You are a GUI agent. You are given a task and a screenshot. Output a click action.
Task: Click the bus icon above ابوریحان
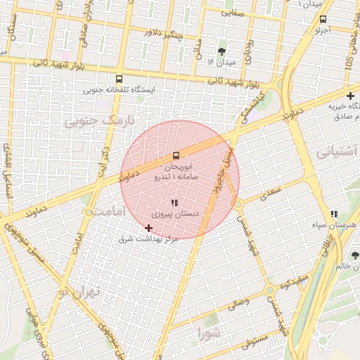[176, 155]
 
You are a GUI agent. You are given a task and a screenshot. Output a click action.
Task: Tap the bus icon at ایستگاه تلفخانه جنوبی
[119, 79]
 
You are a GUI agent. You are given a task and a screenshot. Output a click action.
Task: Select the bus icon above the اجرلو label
[323, 20]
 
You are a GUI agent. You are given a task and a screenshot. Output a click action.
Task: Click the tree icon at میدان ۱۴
[222, 51]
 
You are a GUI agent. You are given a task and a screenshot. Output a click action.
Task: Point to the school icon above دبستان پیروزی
[174, 202]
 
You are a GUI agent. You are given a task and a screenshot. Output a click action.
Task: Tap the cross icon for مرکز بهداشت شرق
[148, 228]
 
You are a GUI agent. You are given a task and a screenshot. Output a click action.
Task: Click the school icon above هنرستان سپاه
[334, 214]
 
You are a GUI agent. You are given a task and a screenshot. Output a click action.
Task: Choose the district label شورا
[209, 331]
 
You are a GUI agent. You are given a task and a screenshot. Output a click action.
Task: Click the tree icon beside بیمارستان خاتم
[354, 255]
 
